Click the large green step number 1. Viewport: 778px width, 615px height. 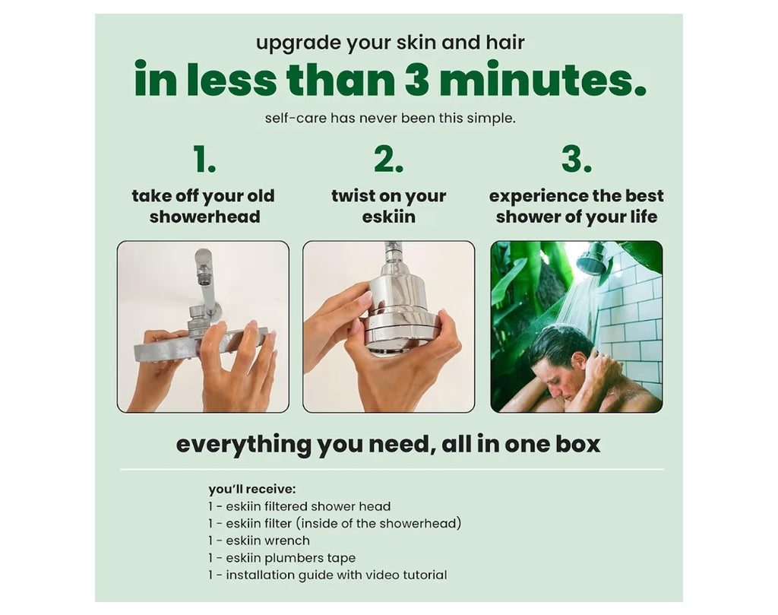pyautogui.click(x=204, y=159)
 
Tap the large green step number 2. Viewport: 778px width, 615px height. pyautogui.click(x=388, y=159)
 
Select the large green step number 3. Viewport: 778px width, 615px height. pyautogui.click(x=577, y=159)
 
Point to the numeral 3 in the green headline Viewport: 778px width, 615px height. pyautogui.click(x=417, y=79)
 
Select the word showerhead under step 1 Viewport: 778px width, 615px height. pyautogui.click(x=205, y=217)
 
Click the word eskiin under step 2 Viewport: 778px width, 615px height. pyautogui.click(x=388, y=217)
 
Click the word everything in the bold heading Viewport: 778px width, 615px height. pyautogui.click(x=244, y=444)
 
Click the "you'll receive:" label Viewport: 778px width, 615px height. pyautogui.click(x=252, y=490)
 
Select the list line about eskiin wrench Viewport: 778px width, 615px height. pyautogui.click(x=259, y=541)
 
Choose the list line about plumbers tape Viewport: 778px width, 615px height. pyautogui.click(x=282, y=558)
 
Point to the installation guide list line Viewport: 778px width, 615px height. pyautogui.click(x=327, y=575)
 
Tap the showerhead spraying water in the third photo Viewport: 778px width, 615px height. pyautogui.click(x=593, y=258)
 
